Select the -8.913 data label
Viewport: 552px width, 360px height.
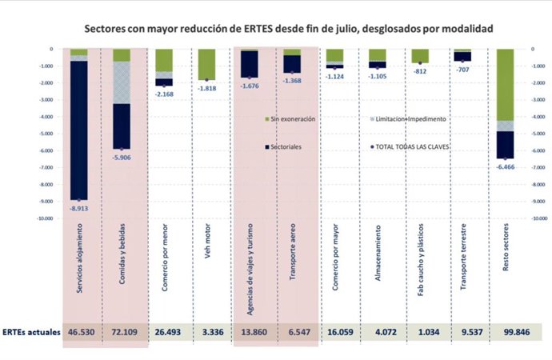78,206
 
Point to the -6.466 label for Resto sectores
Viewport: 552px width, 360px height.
506,165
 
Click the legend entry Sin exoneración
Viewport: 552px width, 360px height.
291,118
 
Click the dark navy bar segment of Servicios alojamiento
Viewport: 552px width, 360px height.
78,128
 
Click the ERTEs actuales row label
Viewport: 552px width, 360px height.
30,331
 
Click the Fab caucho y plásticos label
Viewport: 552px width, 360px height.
421,265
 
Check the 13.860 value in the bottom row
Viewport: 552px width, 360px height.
250,331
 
